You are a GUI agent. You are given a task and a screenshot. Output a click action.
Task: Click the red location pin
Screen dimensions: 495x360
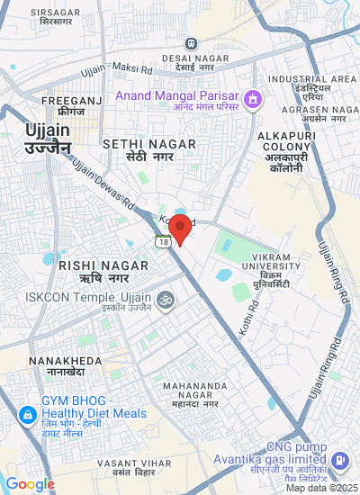pos(180,228)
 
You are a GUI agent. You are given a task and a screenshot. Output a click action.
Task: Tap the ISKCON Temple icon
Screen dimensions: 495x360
pos(165,300)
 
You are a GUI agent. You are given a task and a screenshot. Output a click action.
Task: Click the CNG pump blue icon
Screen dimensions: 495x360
pos(340,461)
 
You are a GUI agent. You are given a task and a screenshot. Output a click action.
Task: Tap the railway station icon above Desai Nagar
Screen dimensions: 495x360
pos(191,43)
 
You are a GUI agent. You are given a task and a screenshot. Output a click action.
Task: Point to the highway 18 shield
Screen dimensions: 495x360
pos(162,242)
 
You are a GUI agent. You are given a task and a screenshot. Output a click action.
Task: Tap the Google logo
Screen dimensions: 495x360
pos(30,484)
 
